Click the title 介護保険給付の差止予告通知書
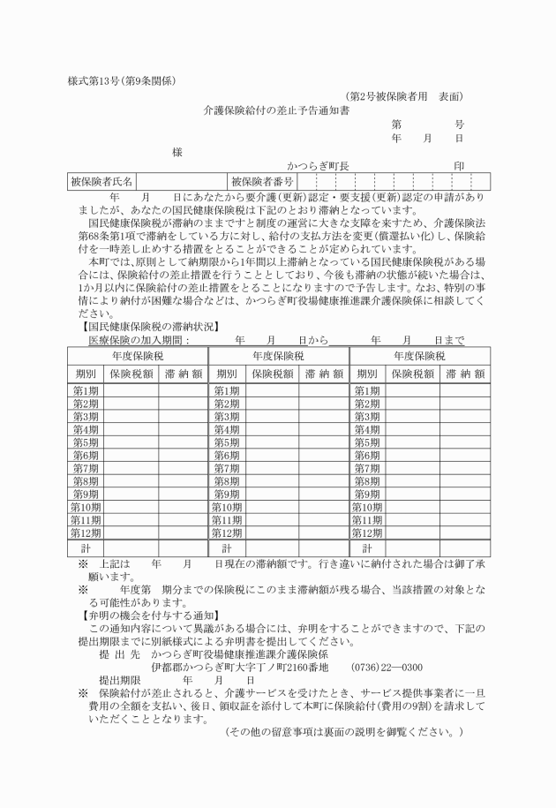(276, 111)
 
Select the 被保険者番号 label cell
(263, 181)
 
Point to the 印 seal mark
(459, 166)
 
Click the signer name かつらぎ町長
(319, 166)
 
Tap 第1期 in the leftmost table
(86, 390)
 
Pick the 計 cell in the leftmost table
(86, 549)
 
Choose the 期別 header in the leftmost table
(86, 374)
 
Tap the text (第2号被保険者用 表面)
(404, 96)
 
